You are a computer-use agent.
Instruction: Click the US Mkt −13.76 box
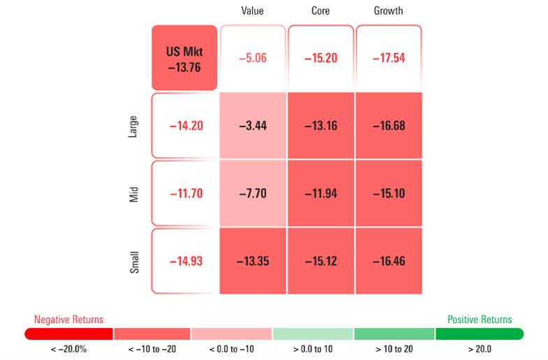point(184,58)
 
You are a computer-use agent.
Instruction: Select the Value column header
point(253,11)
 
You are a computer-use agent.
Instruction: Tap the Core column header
point(320,11)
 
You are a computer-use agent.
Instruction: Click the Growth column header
point(388,11)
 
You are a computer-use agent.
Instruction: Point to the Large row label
point(133,126)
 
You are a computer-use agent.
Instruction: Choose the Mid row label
point(133,193)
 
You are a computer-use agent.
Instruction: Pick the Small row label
point(133,261)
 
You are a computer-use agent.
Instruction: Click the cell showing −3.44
point(253,126)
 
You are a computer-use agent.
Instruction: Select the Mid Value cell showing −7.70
point(253,193)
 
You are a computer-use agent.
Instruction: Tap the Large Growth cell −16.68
point(389,126)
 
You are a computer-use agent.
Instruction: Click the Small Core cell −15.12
point(320,261)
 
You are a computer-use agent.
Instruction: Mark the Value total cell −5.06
point(253,58)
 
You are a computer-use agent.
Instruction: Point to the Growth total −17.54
point(389,58)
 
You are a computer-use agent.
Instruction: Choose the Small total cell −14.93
point(185,261)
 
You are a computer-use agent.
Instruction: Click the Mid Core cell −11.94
point(320,193)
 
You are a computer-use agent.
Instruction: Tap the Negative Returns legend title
point(68,320)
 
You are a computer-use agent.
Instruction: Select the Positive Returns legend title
point(480,320)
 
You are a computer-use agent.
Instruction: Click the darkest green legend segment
point(479,334)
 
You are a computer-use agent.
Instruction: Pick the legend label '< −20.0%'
point(68,349)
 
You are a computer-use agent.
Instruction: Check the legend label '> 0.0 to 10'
point(313,349)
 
